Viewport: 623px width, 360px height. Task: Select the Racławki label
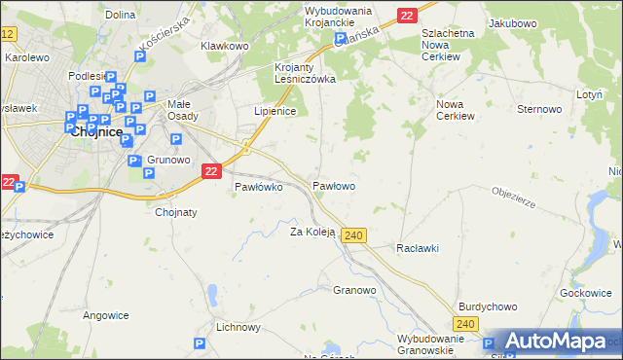[418, 248]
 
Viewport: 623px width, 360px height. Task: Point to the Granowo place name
[354, 290]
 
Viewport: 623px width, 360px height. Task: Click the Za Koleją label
[312, 232]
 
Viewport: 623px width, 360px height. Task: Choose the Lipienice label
[275, 111]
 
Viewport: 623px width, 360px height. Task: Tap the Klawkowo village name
[225, 46]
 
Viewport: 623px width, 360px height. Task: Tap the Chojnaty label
[176, 210]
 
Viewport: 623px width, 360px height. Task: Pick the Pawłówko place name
[258, 188]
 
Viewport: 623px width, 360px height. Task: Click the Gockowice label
[585, 292]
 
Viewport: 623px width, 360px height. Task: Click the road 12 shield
[8, 34]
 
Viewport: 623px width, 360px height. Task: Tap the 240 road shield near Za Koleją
[353, 235]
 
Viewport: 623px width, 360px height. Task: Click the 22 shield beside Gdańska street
[407, 15]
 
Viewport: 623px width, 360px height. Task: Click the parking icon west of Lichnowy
[199, 342]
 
